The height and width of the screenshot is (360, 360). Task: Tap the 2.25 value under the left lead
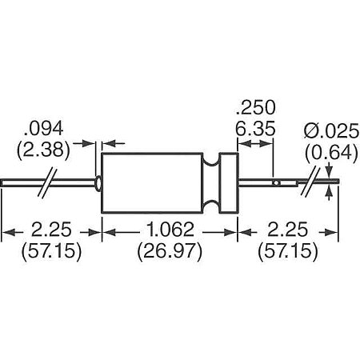coord(48,232)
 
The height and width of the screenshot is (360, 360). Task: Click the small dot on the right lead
coord(274,183)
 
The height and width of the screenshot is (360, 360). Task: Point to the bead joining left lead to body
coord(98,183)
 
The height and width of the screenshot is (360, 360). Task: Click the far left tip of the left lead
coord(4,183)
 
